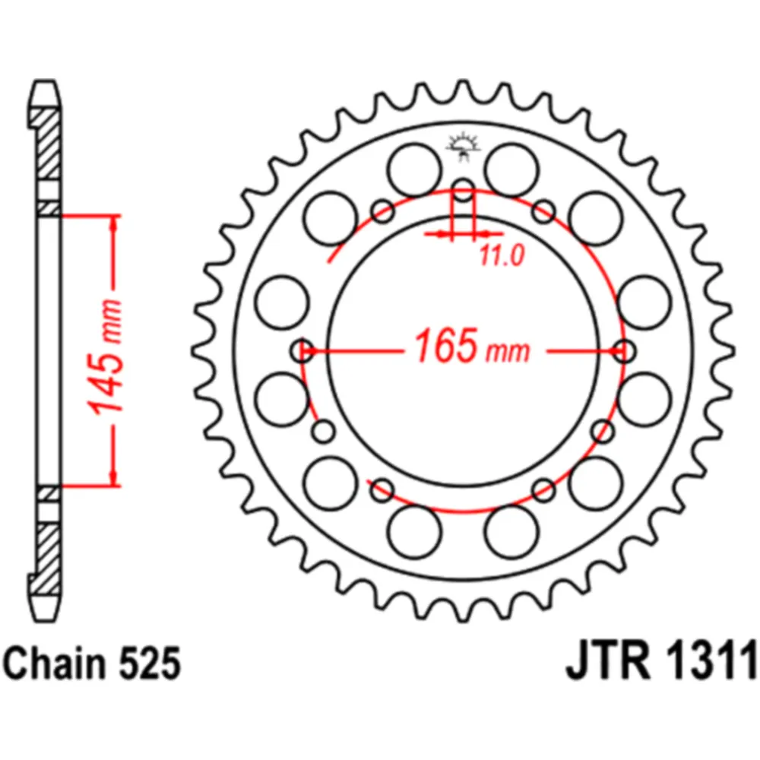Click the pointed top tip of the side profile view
(46, 81)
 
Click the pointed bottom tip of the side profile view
(46, 617)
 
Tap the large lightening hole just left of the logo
(413, 170)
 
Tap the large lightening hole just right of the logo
(510, 170)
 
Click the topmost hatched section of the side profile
(46, 141)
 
